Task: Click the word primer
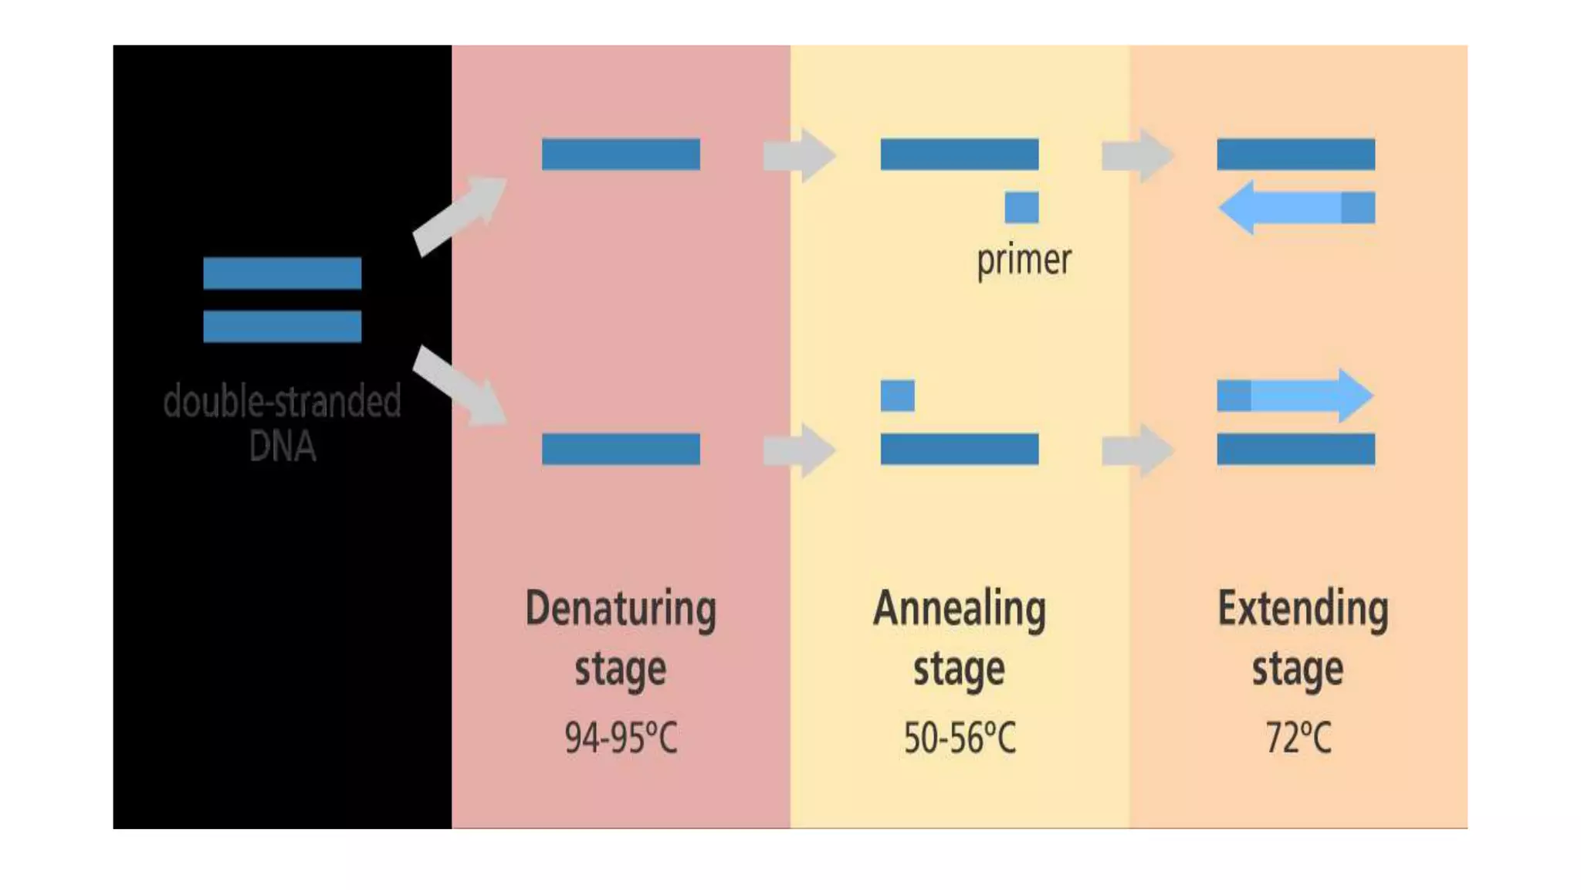1024,260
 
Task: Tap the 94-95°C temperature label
621,737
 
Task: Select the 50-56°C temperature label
960,737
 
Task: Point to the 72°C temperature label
1298,737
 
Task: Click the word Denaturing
621,609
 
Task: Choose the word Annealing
960,609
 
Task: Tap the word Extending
1302,609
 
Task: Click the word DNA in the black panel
283,446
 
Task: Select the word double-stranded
283,401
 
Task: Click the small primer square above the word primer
1021,207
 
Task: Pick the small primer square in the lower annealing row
897,396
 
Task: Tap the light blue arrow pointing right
1305,396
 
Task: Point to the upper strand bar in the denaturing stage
621,154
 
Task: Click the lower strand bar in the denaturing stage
621,449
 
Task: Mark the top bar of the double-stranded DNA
283,273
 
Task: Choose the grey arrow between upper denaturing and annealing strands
799,155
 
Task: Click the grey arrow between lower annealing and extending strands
1137,450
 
